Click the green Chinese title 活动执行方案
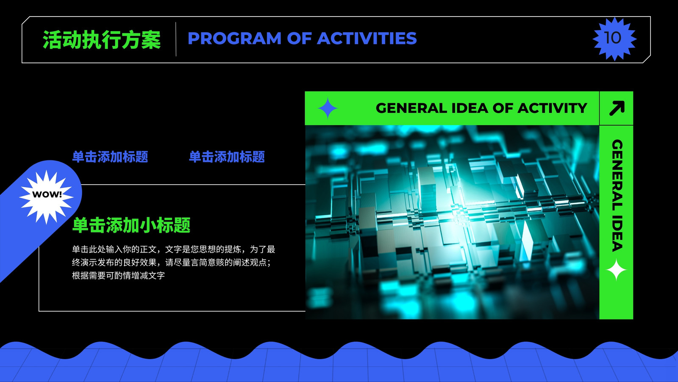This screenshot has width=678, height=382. tap(102, 39)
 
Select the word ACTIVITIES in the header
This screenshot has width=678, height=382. tap(367, 38)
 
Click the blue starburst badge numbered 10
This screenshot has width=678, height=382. tap(614, 39)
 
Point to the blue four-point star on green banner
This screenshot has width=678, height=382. tap(328, 108)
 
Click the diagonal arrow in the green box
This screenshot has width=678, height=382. tap(617, 108)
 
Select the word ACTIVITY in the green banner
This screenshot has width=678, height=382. tap(553, 108)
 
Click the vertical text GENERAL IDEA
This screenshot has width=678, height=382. tap(617, 195)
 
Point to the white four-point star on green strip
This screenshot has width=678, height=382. tap(616, 270)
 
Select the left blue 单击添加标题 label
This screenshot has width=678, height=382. tap(110, 157)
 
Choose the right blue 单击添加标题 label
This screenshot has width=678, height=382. tap(227, 157)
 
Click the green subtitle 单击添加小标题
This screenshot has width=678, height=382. tap(131, 225)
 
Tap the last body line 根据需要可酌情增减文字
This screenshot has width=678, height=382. tap(118, 275)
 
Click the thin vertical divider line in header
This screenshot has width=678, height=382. tap(176, 39)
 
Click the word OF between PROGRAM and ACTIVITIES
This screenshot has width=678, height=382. tap(299, 38)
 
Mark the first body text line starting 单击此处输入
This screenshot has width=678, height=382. tap(173, 249)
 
